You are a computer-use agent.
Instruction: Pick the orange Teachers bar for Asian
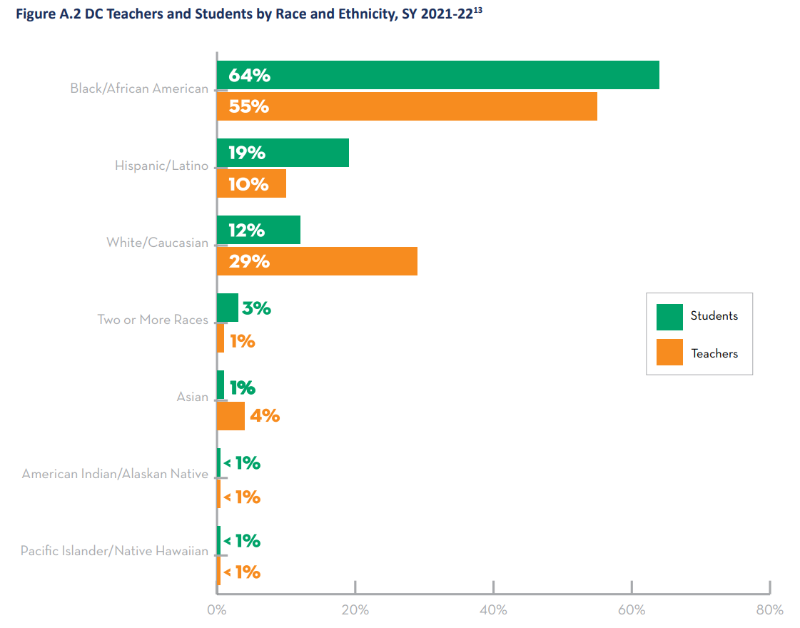(231, 416)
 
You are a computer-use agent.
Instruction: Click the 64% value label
(249, 75)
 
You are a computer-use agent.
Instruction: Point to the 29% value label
(249, 261)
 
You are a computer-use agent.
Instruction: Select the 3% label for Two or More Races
(256, 308)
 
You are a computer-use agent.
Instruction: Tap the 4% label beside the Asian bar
(265, 415)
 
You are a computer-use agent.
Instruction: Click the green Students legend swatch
(669, 317)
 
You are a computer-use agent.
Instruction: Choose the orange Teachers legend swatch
(669, 353)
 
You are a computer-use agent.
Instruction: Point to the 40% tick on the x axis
(493, 610)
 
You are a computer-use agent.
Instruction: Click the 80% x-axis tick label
(769, 610)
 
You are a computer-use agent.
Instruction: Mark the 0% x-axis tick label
(216, 610)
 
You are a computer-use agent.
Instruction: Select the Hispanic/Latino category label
(162, 166)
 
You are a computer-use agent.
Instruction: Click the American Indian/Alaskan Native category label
(115, 474)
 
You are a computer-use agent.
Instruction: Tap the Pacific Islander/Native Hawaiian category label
(114, 551)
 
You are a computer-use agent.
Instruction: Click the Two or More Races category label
(153, 320)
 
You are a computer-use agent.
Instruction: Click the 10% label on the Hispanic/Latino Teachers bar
(248, 184)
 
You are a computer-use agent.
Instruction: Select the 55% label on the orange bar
(248, 106)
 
